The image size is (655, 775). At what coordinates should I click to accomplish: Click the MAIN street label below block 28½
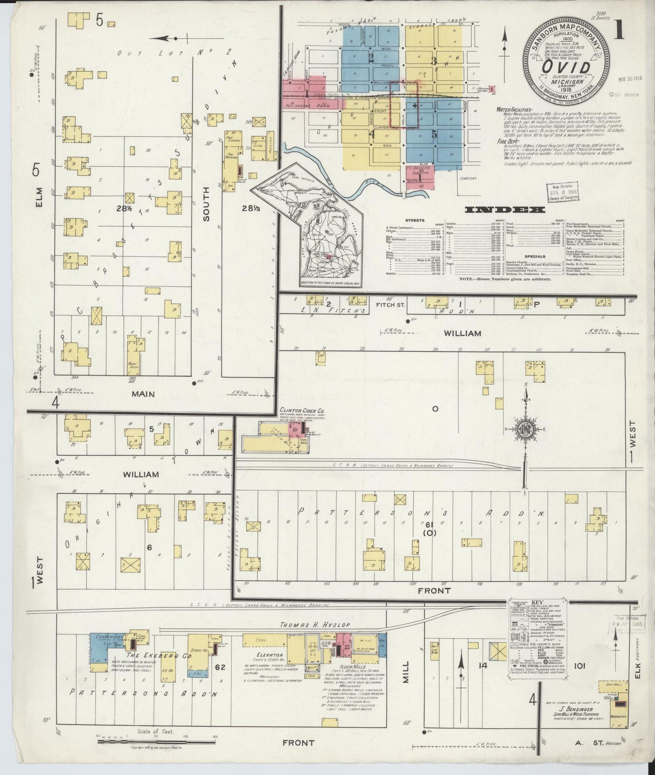(143, 394)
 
